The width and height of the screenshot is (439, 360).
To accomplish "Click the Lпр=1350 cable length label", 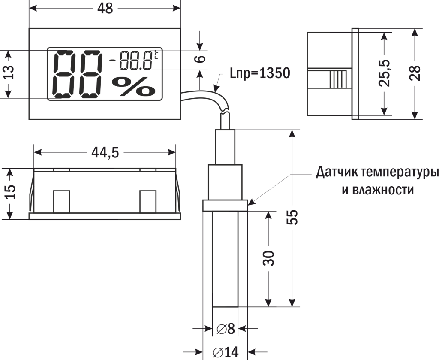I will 260,73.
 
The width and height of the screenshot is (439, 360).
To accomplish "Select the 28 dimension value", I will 415,73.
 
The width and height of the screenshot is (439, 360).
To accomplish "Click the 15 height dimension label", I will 10,191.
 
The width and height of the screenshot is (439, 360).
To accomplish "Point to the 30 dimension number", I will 268,258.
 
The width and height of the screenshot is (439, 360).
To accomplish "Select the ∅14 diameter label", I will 226,352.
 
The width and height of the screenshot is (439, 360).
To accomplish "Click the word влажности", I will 378,190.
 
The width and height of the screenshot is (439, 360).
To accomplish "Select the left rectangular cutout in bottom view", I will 61,201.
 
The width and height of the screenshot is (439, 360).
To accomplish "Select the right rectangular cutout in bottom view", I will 147,201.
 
